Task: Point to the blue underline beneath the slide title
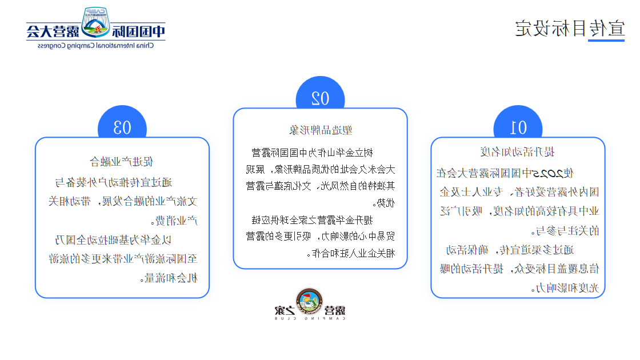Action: [606, 41]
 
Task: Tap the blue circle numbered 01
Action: [518, 127]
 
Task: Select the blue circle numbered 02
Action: [320, 98]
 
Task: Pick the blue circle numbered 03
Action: [122, 127]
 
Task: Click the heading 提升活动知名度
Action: [518, 151]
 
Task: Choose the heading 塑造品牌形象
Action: [320, 130]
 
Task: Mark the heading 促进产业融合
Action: [122, 161]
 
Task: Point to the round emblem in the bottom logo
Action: [309, 302]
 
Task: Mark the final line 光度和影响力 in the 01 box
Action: [567, 289]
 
